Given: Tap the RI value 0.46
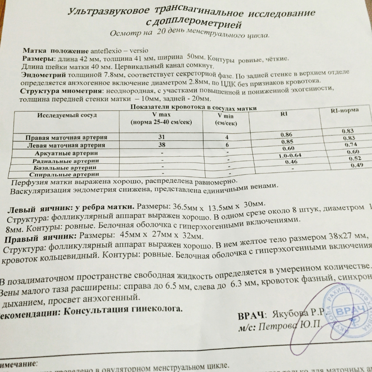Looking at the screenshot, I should pos(290,162).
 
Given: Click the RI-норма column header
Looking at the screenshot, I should pos(344,110).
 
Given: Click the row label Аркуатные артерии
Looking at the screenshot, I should pos(67,153).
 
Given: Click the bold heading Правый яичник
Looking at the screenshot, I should pos(40,238).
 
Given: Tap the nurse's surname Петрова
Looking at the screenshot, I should pos(280,328).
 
